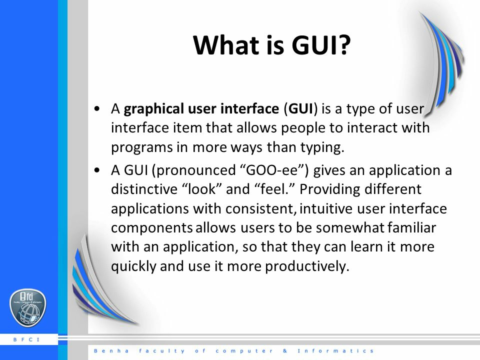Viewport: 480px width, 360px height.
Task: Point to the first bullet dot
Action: point(97,108)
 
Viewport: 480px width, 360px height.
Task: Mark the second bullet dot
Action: point(97,170)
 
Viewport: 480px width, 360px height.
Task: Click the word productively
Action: point(307,266)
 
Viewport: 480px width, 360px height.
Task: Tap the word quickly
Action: point(134,266)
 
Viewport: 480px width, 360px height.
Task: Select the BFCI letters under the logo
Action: point(27,339)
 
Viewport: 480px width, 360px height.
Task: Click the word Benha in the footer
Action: point(111,351)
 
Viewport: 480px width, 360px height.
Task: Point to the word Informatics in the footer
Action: point(335,351)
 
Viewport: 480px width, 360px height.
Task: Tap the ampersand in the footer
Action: point(285,351)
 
